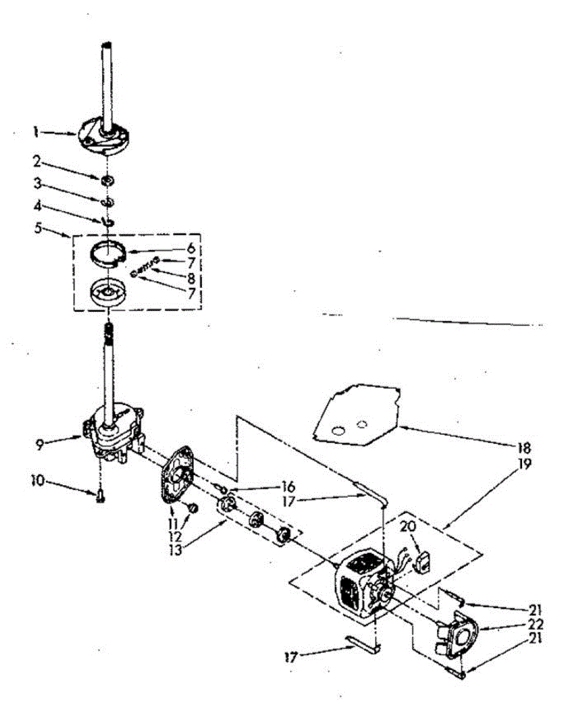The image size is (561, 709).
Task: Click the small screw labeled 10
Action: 100,498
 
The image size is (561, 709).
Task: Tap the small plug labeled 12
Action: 192,507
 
